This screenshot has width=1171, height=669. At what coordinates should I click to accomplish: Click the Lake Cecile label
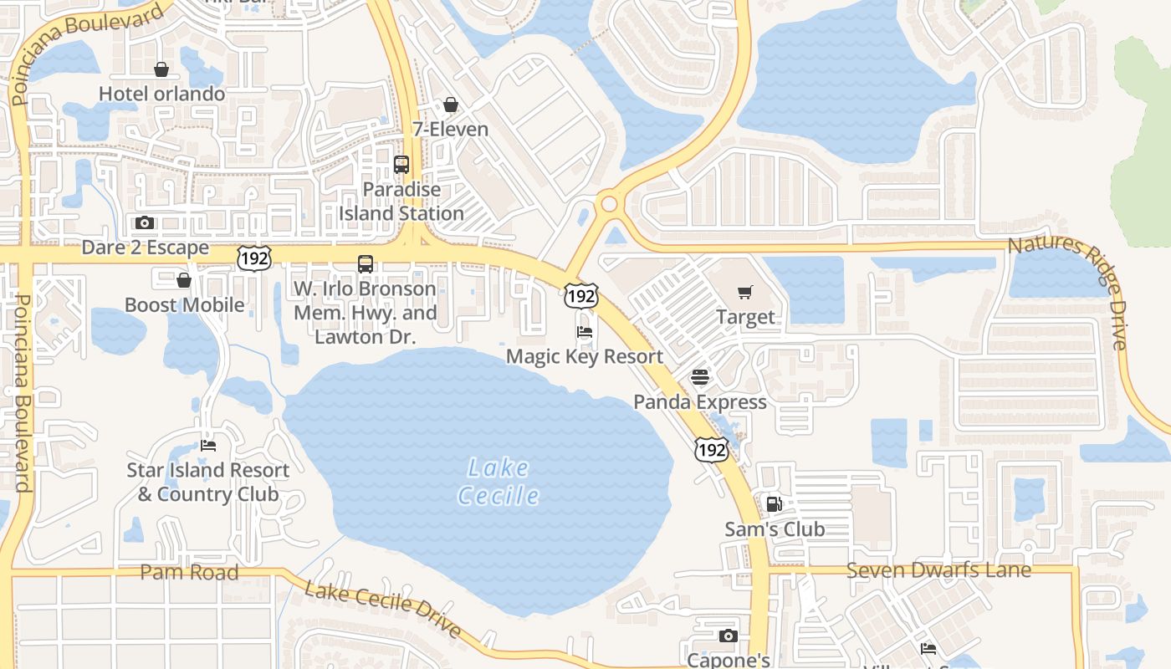pos(499,482)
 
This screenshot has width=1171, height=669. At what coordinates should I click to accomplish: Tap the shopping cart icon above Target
pos(745,292)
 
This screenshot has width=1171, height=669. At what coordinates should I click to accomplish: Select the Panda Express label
pos(700,401)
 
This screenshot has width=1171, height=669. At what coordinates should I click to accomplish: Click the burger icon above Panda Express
pos(700,377)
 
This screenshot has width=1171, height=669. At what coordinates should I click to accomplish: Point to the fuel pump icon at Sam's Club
pos(775,504)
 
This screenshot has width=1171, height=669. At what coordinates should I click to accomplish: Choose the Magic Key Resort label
pos(585,356)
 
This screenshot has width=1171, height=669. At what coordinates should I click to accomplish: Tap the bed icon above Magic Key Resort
pos(585,332)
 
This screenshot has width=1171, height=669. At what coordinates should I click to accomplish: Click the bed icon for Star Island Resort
pos(208,446)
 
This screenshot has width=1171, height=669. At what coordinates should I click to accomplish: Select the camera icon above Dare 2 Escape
pos(145,222)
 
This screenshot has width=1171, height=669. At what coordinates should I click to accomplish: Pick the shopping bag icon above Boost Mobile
pos(184,280)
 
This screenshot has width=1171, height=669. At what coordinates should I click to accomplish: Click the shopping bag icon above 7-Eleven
pos(451,105)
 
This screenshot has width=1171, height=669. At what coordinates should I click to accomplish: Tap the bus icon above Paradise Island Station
pos(401,164)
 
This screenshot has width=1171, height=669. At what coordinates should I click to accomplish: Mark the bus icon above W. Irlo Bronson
pos(366,264)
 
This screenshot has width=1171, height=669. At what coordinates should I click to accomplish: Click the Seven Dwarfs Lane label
pos(938,570)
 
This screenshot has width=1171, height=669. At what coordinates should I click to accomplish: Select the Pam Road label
pos(189,572)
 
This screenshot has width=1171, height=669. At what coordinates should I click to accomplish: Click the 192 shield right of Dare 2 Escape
pos(253,258)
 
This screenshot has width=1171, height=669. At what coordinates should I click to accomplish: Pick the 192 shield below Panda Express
pos(711,449)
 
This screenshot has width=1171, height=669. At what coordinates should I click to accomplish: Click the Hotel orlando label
pos(162,93)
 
